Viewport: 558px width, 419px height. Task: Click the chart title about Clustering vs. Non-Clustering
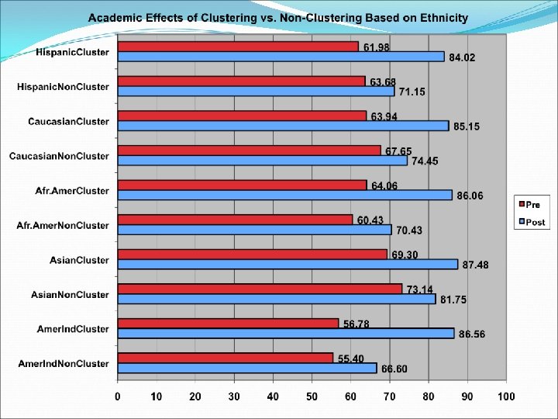coord(277,17)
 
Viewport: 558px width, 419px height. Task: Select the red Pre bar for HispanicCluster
coord(237,47)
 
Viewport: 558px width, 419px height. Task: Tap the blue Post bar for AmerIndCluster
coord(285,333)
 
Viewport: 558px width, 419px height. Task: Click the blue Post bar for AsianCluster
coord(287,264)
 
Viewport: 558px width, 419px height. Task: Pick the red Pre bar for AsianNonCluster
coord(260,289)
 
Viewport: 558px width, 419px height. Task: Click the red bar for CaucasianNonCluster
coord(249,151)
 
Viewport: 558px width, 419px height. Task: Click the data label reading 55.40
coord(351,358)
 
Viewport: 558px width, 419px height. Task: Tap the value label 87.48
coord(475,265)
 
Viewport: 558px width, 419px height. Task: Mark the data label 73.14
coord(419,289)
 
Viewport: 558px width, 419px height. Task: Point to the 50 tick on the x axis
coord(312,397)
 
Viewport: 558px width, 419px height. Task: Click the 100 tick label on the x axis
coord(505,397)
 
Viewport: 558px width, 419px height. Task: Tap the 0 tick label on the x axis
coord(118,397)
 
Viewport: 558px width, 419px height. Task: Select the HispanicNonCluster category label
coord(63,86)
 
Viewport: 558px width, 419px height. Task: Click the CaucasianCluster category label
coord(68,121)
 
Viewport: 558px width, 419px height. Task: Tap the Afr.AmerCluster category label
coord(72,190)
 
